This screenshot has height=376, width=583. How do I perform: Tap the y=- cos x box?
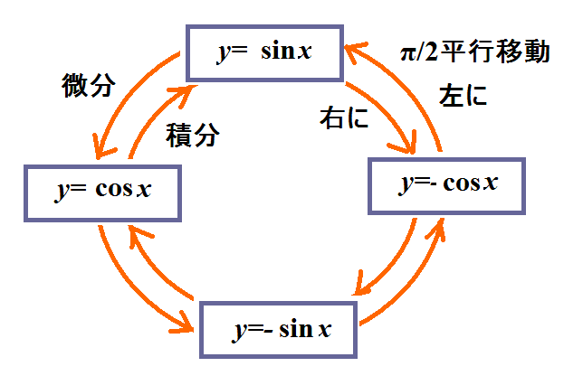click(445, 186)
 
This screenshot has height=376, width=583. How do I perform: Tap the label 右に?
click(343, 117)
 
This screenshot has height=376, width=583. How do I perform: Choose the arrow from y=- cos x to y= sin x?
click(412, 86)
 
